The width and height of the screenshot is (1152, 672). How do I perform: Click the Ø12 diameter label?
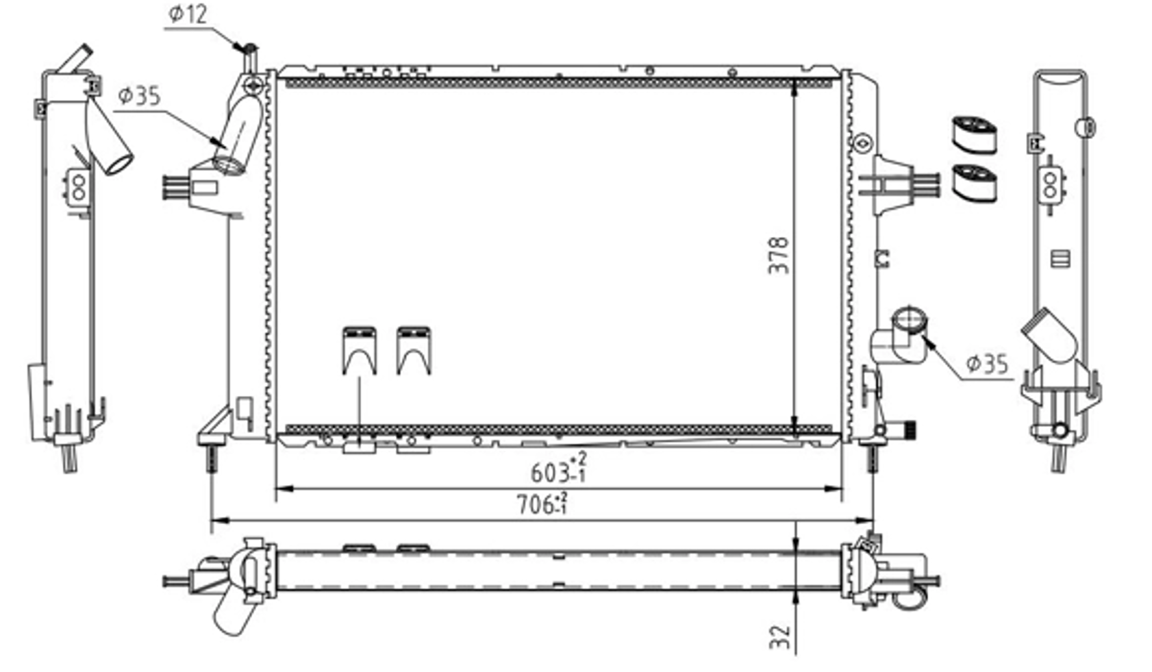click(188, 14)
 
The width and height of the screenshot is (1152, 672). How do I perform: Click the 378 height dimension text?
click(778, 256)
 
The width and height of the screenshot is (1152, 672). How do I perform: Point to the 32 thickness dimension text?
click(780, 637)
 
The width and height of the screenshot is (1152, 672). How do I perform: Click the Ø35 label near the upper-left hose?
click(139, 96)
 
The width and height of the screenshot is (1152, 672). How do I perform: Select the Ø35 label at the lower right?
click(987, 364)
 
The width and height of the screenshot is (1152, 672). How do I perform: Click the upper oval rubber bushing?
click(975, 135)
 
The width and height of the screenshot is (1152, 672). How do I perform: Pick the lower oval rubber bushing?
click(975, 183)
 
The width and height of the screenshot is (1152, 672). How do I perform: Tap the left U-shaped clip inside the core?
click(360, 351)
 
